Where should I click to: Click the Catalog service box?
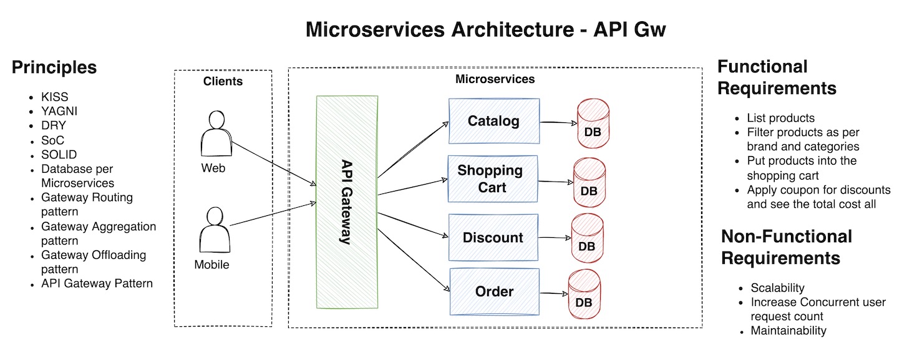(x=494, y=121)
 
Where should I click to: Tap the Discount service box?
(x=493, y=238)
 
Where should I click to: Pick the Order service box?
(x=494, y=291)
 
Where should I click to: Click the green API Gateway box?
(x=347, y=202)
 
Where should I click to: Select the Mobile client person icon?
(x=214, y=231)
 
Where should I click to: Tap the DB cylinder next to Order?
(x=584, y=294)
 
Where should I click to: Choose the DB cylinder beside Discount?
(x=586, y=238)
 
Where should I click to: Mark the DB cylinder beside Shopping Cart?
(x=589, y=183)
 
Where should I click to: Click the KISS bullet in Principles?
(x=55, y=97)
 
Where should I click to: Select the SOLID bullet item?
(x=59, y=154)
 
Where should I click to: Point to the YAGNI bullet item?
(x=59, y=111)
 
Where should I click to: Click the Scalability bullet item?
(x=777, y=288)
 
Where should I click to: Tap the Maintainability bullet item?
(x=788, y=331)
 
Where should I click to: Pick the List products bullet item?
(x=780, y=118)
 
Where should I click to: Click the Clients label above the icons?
(x=223, y=81)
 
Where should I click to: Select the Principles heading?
(x=54, y=67)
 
